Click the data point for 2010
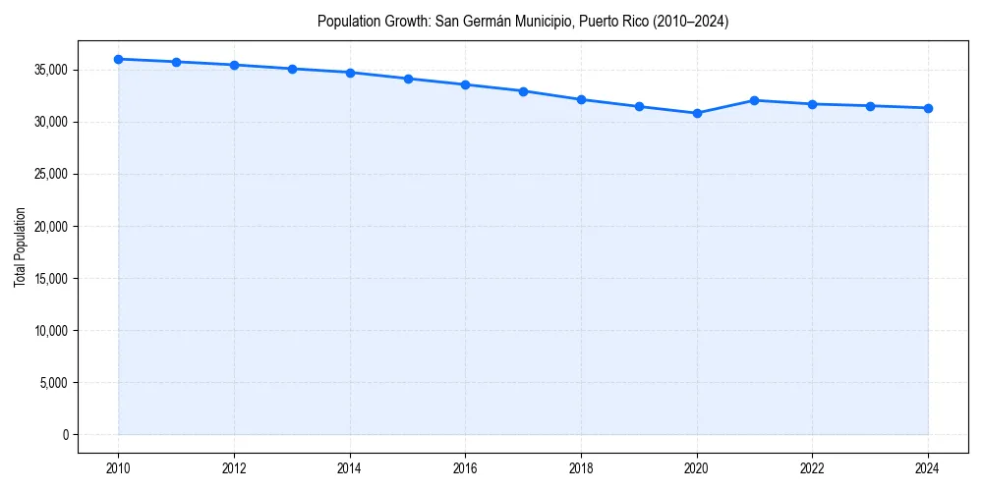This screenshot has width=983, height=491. pos(118,59)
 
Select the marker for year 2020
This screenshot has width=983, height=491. pos(697,113)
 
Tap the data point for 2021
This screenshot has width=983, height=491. pos(755,100)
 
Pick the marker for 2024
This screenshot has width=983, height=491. pos(928,108)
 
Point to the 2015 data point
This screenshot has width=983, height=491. pos(408,79)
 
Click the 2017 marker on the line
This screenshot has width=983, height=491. pos(523,91)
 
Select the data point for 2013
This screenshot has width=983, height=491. pos(292,69)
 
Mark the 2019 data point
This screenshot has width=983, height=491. pos(639,106)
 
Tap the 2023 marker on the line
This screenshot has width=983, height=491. pos(870,106)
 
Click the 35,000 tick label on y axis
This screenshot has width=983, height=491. pos(49,70)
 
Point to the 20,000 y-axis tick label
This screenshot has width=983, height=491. pos(49,226)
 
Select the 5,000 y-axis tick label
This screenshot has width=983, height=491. pos(52,382)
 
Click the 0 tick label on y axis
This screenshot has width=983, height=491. pos(65,434)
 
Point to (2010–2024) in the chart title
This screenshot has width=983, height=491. pos(689,21)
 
